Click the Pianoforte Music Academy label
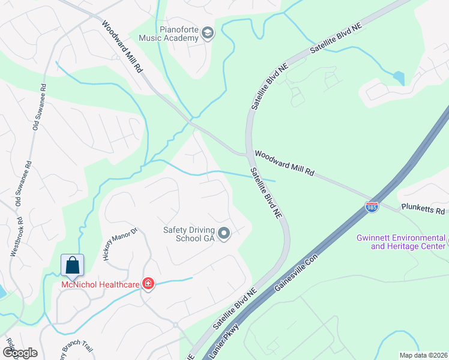coord(169,33)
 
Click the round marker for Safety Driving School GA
coord(224,233)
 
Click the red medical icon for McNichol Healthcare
coord(148,284)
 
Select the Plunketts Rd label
coord(424,210)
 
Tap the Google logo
coord(19,353)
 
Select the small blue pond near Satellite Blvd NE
coord(398,78)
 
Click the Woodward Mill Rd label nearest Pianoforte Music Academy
coord(122,47)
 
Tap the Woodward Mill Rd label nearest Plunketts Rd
coord(285,163)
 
